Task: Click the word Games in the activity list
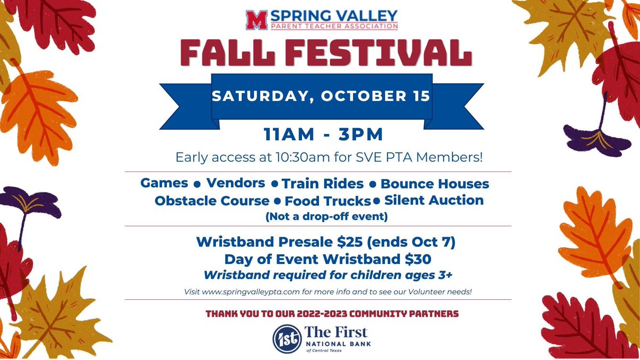(x=164, y=183)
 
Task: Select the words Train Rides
(x=323, y=184)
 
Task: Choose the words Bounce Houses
(x=434, y=184)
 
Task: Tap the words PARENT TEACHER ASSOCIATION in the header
(x=334, y=25)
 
